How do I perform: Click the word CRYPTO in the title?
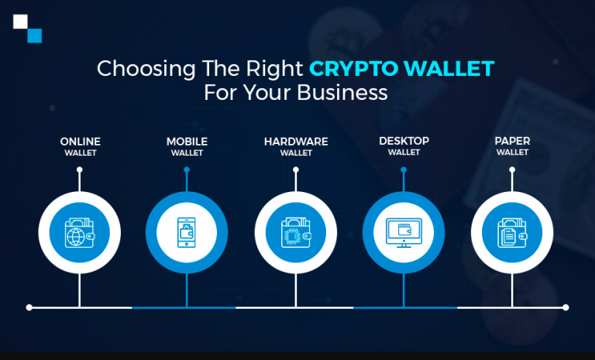point(353,69)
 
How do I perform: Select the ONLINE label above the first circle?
point(80,142)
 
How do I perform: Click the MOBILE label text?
point(187,142)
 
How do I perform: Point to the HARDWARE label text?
point(296,142)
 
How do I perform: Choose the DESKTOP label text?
point(404,141)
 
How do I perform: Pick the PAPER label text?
point(512,141)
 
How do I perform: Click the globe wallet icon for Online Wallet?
point(79,232)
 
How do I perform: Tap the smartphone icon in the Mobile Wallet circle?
point(187,232)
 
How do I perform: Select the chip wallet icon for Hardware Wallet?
point(296,232)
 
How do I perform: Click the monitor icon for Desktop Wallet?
point(404,232)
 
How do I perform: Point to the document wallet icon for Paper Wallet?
point(512,232)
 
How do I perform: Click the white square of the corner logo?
point(20,22)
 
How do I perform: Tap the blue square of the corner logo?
point(35,36)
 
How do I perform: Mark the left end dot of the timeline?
point(29,307)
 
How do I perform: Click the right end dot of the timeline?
point(566,307)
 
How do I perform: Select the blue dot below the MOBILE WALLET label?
point(187,170)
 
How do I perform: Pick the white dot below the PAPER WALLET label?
point(512,170)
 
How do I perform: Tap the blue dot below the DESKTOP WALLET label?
point(404,170)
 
